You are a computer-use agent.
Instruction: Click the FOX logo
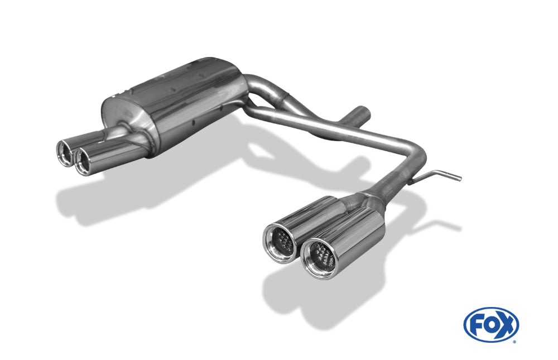[491, 325]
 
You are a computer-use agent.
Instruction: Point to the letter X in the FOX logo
[507, 325]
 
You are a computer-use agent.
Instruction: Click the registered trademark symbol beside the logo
[514, 342]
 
